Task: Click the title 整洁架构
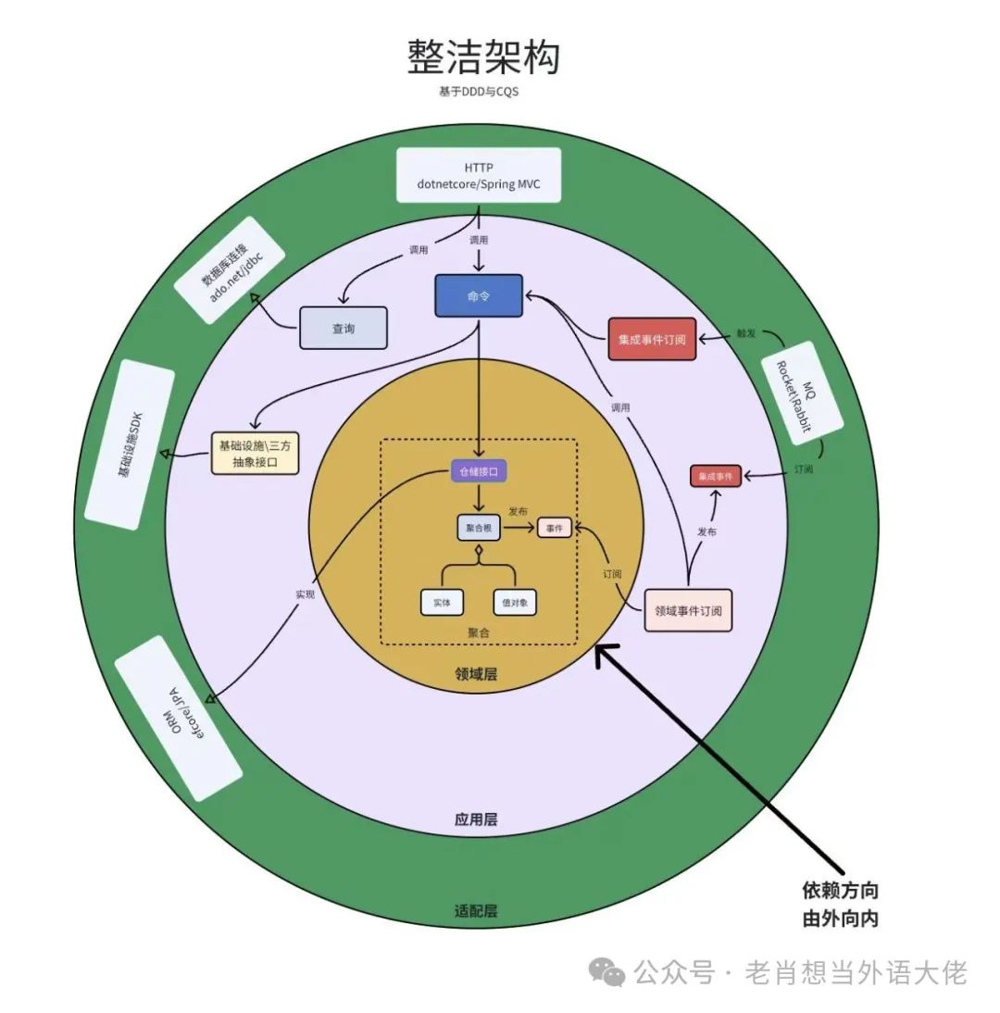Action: point(483,57)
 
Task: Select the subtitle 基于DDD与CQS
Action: point(479,93)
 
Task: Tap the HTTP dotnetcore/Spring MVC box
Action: point(479,175)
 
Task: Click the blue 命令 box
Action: point(479,296)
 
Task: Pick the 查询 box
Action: point(343,328)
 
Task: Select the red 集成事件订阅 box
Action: point(652,339)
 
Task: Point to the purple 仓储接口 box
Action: point(479,472)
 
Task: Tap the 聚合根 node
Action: point(478,527)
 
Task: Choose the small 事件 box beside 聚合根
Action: point(555,528)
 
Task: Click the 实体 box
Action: point(442,602)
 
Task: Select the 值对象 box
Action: point(515,602)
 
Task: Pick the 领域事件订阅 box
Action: point(688,610)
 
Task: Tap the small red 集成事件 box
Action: point(716,476)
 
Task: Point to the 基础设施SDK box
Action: point(130,446)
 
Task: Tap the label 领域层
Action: point(476,674)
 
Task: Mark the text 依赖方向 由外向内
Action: point(840,905)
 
